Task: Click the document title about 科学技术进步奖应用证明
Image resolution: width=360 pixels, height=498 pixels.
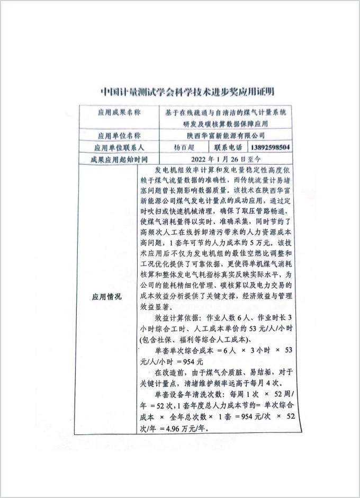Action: click(180, 91)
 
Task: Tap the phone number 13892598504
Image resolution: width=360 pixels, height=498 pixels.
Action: click(271, 147)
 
